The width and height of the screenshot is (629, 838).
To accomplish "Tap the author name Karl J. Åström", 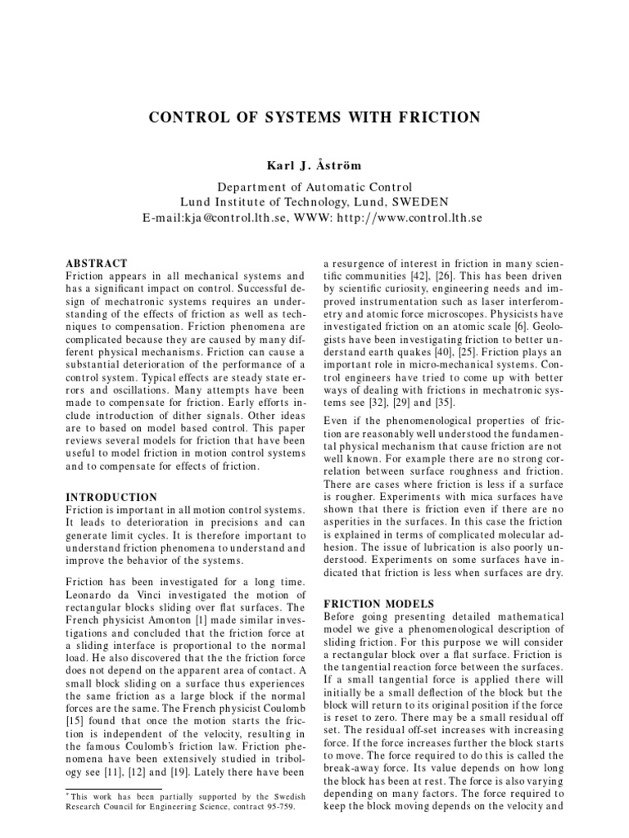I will click(314, 165).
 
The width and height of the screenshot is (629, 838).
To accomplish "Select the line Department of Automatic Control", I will click(314, 187).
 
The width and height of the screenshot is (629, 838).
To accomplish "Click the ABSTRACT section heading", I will click(96, 264).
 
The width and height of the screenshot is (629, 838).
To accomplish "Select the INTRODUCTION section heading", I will click(111, 497).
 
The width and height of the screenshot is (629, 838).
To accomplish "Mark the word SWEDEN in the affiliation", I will click(418, 202).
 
